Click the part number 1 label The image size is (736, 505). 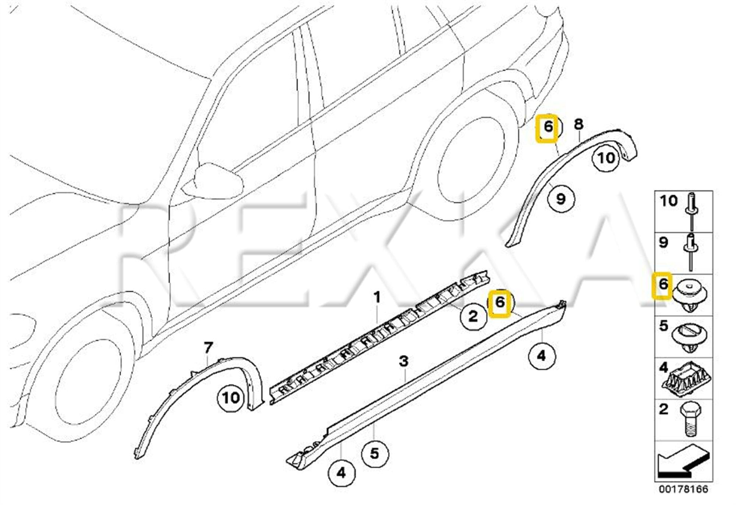point(376,297)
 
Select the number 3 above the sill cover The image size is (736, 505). point(404,361)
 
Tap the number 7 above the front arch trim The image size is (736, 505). point(208,347)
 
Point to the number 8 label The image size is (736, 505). point(578,124)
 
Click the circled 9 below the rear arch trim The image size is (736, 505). point(560,199)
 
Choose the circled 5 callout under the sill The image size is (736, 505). point(375,453)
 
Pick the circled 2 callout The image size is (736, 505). point(473,316)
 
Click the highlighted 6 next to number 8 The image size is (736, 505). point(548,127)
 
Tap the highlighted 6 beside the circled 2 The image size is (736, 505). point(500,303)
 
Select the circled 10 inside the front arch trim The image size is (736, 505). point(231,398)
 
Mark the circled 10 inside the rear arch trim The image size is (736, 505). point(606,158)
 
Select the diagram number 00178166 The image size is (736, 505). point(683,489)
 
